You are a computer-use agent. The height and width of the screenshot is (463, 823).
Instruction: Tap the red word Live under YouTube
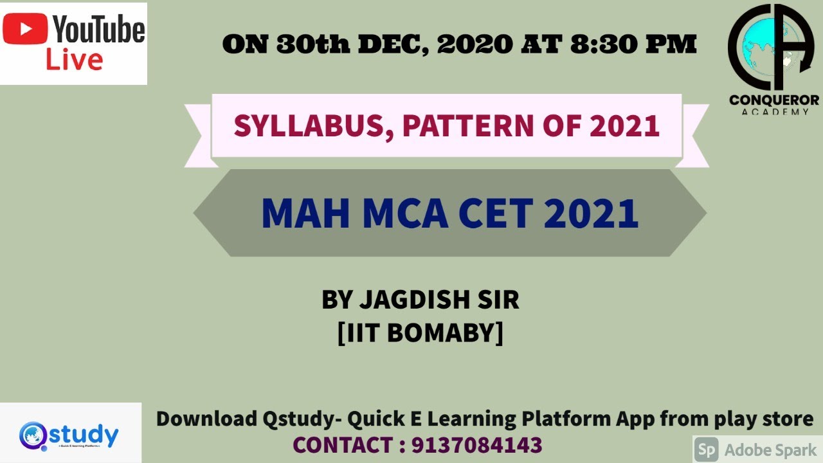[74, 60]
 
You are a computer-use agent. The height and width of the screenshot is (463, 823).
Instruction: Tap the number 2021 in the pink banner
[624, 125]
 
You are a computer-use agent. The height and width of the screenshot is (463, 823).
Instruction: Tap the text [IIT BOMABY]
[420, 333]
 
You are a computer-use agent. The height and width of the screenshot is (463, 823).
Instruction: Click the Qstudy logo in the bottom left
[69, 435]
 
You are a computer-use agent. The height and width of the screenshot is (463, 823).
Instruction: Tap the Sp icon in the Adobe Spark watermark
[707, 449]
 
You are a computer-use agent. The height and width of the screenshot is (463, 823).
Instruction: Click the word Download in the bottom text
[206, 419]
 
